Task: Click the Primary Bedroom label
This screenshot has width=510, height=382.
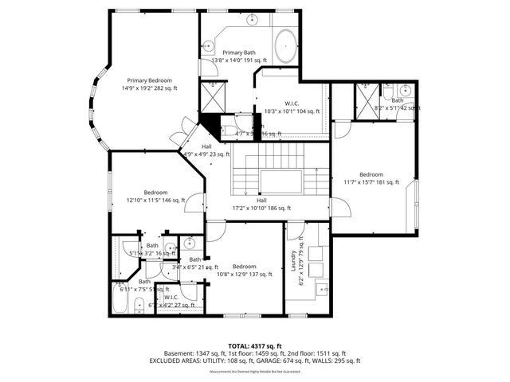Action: click(148, 80)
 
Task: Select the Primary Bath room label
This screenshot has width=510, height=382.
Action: click(238, 53)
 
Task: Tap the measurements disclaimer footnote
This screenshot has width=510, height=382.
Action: click(254, 372)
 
